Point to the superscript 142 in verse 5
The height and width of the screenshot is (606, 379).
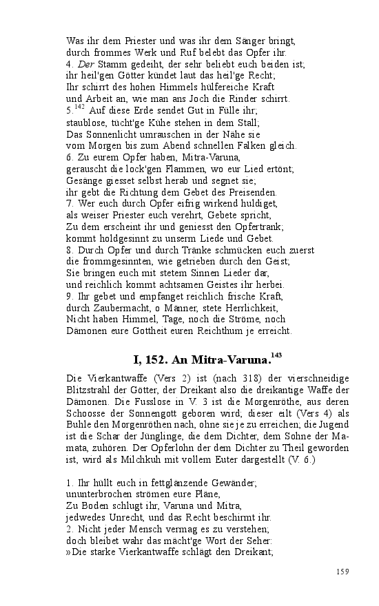point(79,107)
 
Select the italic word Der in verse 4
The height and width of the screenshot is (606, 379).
point(85,64)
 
